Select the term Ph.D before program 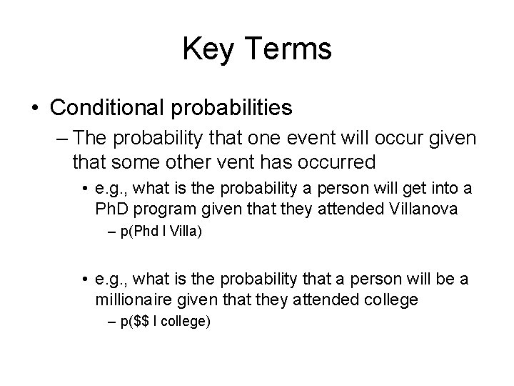point(112,212)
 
